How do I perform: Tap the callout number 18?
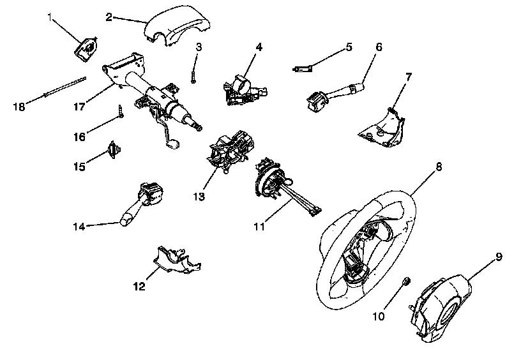[x=19, y=107]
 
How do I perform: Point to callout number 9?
[x=499, y=257]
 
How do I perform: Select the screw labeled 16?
[x=120, y=112]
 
